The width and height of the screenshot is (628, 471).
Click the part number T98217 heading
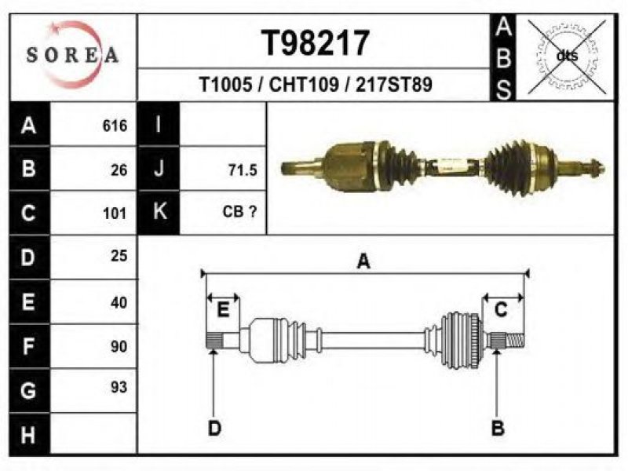click(315, 43)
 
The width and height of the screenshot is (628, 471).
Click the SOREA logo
click(72, 55)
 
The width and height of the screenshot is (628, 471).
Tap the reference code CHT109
click(304, 85)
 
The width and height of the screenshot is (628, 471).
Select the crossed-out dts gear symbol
click(567, 57)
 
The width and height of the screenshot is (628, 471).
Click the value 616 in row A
click(115, 126)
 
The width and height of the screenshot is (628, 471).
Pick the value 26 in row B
click(119, 170)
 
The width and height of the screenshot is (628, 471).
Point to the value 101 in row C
click(115, 214)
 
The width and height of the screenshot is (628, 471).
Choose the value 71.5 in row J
click(243, 170)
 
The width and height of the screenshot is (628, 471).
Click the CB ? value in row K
click(239, 211)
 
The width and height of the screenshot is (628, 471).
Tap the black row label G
click(29, 390)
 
